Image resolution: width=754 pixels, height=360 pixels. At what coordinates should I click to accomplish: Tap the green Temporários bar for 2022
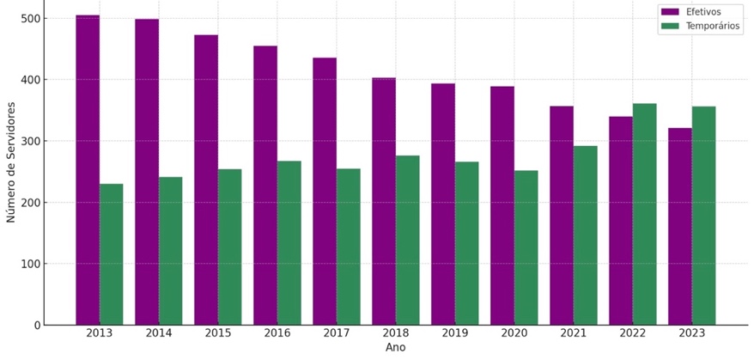click(x=645, y=214)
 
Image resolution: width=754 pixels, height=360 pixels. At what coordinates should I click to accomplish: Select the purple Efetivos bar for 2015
click(x=206, y=180)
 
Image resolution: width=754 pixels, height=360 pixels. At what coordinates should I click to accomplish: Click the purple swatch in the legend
click(x=670, y=12)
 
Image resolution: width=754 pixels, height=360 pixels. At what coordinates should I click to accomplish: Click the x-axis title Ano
click(x=395, y=348)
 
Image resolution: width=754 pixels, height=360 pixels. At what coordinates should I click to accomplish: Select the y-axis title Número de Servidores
click(x=11, y=162)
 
